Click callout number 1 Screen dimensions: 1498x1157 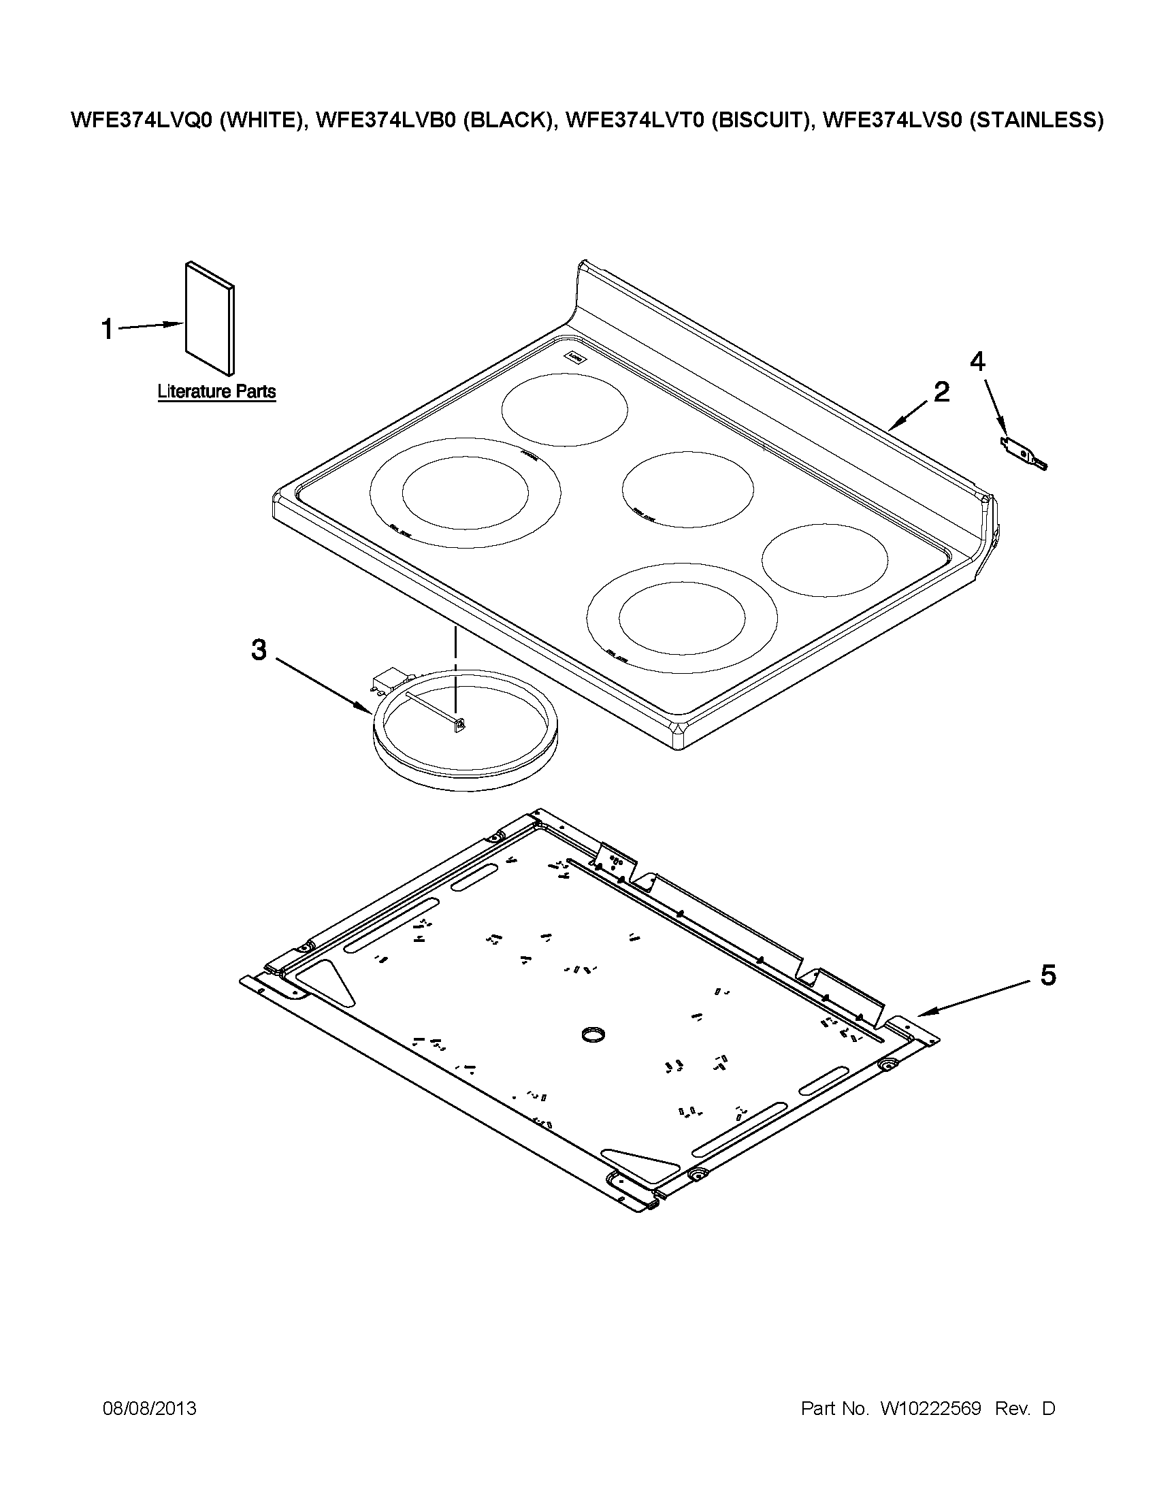(107, 329)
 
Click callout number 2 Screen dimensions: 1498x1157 (941, 392)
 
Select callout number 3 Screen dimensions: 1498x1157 (258, 649)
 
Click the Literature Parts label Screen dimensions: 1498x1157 (216, 391)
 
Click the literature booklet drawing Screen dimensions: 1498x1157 (209, 319)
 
